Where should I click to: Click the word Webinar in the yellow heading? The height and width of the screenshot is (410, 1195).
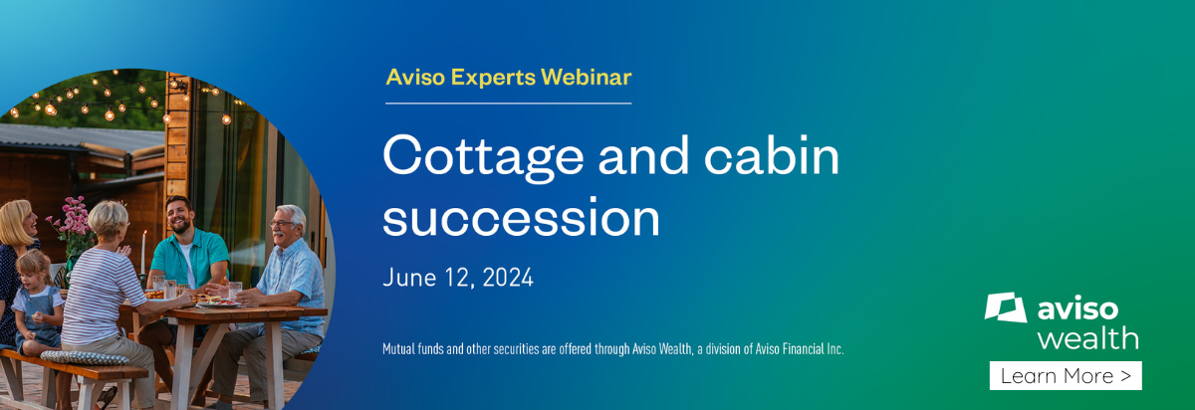[586, 78]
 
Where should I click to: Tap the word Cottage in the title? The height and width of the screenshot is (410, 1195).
[483, 156]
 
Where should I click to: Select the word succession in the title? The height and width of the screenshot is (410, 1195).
[521, 218]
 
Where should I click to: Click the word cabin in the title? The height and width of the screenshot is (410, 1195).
[772, 154]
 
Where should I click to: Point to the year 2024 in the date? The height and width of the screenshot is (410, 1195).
[508, 278]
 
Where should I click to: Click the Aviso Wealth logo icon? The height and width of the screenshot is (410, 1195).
[1005, 307]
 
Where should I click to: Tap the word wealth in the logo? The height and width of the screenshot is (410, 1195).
[1087, 338]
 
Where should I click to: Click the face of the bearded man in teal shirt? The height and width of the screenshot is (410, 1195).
[179, 215]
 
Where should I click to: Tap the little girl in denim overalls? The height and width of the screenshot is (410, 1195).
[37, 304]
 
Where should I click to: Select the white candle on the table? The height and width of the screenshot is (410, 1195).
[143, 252]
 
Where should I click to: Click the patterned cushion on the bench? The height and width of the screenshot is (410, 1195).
[85, 357]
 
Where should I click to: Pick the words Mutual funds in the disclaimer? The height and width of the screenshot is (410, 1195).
[413, 349]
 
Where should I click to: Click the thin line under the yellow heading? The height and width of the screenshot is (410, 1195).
[509, 102]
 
